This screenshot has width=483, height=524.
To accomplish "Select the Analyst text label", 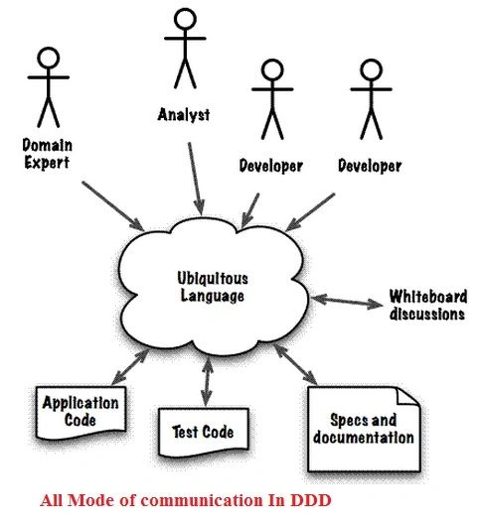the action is (184, 115).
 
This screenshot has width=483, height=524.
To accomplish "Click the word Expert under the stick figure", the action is (47, 163).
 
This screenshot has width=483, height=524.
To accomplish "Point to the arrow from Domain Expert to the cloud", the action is (113, 205).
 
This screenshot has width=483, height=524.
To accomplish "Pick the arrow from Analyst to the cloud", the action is (196, 179).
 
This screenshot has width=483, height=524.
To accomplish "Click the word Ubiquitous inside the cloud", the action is (213, 278).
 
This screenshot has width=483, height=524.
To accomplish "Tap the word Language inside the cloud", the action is (213, 296).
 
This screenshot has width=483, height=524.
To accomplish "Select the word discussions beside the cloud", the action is (427, 315).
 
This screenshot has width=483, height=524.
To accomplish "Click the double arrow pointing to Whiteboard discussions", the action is (347, 301).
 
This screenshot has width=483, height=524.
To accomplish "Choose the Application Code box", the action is (81, 412).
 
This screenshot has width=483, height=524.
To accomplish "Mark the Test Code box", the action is (204, 432).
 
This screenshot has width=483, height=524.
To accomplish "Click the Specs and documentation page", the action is (364, 429).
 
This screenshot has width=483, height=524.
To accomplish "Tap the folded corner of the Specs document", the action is (407, 396).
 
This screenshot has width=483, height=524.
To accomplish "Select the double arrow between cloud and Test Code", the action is (207, 382).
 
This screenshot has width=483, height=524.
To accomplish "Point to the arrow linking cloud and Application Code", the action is (130, 366).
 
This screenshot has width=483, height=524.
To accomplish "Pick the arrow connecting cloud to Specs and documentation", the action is (295, 364).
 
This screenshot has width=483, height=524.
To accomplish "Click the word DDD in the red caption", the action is (311, 500).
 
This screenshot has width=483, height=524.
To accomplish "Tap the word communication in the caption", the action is (202, 500).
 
